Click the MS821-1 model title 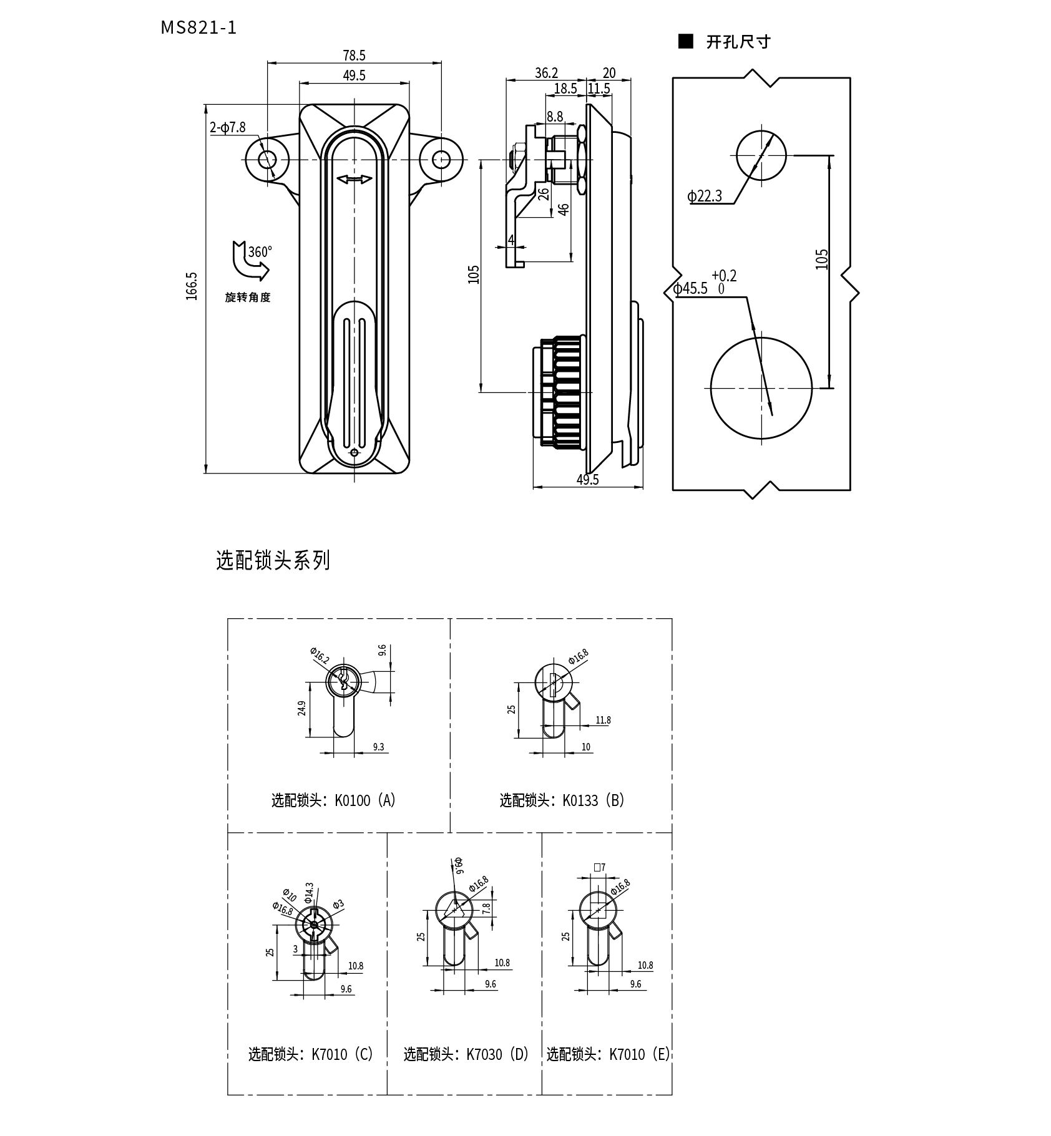click(x=199, y=28)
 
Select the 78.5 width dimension click(x=354, y=56)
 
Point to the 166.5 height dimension click(x=192, y=286)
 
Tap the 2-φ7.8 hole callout click(x=228, y=128)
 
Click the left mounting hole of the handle click(x=268, y=159)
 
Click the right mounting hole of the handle click(x=441, y=159)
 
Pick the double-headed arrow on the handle click(x=354, y=180)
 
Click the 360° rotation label click(x=260, y=252)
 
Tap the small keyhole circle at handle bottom click(x=354, y=454)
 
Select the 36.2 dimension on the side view click(x=546, y=73)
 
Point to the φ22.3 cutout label click(x=705, y=197)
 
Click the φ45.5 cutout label click(x=691, y=288)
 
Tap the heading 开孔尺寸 click(x=738, y=42)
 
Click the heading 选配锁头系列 click(x=273, y=560)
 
